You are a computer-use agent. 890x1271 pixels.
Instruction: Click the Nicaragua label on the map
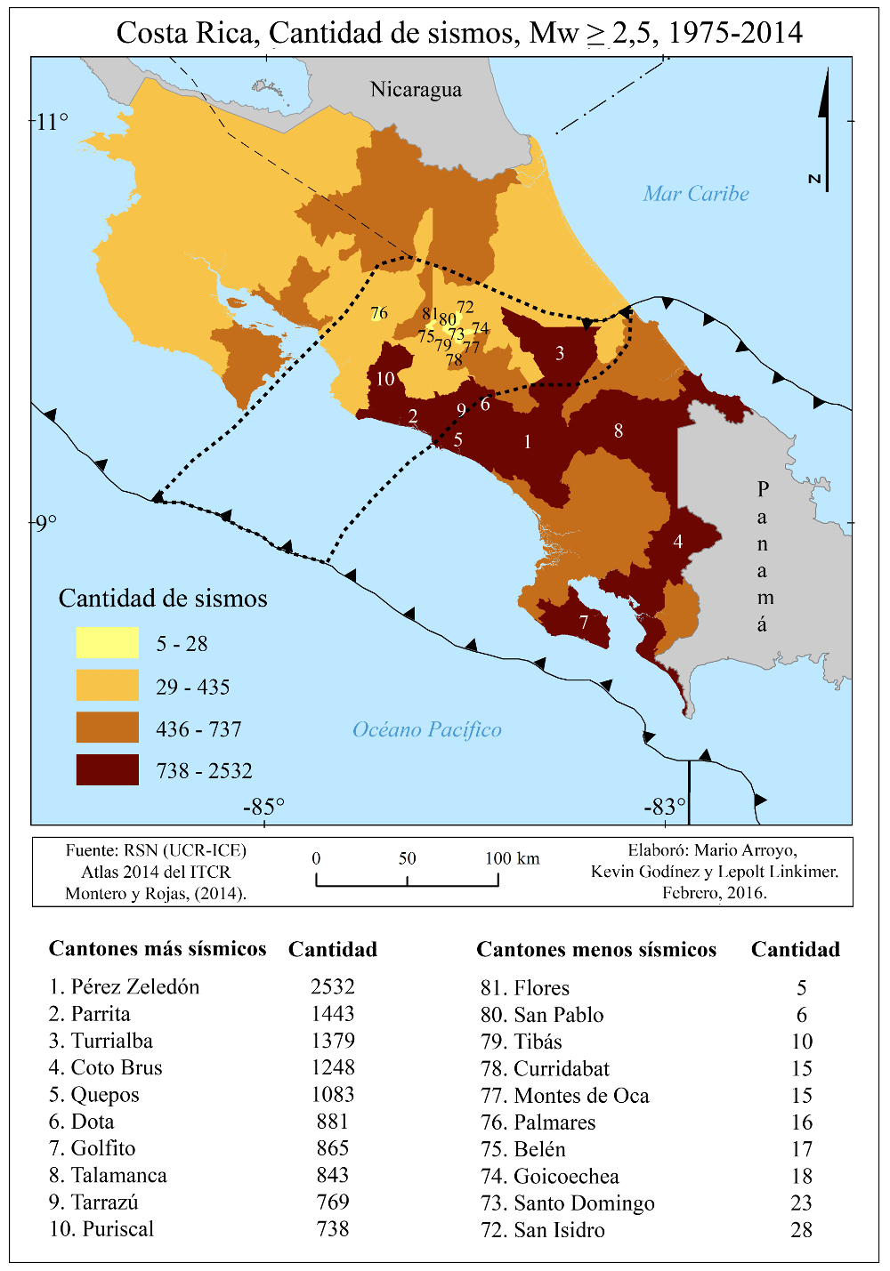click(x=416, y=90)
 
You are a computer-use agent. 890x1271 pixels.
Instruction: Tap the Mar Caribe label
click(x=695, y=194)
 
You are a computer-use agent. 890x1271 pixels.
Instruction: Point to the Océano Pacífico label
click(x=426, y=730)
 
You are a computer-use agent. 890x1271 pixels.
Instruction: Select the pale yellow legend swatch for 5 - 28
click(x=107, y=643)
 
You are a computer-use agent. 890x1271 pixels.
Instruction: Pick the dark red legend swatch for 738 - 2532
click(x=107, y=770)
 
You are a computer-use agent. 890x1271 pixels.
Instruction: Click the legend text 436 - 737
click(x=198, y=729)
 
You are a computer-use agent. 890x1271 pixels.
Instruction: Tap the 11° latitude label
click(x=52, y=122)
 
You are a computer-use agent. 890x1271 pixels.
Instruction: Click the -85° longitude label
click(x=263, y=807)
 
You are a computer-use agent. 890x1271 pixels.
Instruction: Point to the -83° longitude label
click(x=665, y=807)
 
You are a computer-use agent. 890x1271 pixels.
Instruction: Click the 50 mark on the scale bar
click(x=407, y=858)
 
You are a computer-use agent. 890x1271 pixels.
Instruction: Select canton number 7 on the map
click(x=584, y=623)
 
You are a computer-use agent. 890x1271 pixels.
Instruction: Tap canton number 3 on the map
click(x=560, y=353)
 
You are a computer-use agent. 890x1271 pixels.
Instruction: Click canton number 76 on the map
click(x=379, y=313)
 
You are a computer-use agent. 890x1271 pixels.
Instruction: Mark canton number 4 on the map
click(x=678, y=542)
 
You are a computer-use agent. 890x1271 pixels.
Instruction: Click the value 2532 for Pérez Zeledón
click(x=333, y=987)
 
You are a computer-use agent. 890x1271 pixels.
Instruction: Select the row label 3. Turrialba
click(x=101, y=1041)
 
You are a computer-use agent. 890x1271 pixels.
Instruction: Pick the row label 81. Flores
click(x=524, y=988)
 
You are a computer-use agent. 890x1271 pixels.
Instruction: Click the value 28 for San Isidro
click(x=801, y=1230)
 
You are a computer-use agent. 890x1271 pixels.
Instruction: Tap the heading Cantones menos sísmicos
click(x=595, y=950)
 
